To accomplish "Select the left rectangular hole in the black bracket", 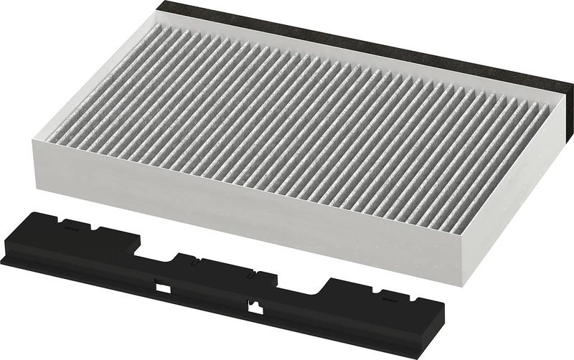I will [164, 288].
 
